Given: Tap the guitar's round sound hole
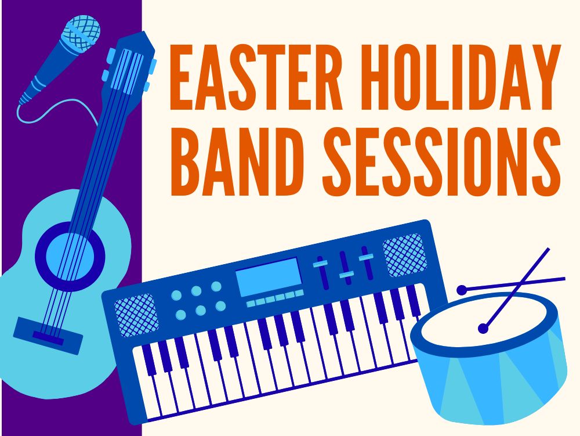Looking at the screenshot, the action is tap(70, 256).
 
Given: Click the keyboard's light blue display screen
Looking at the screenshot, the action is tap(268, 276).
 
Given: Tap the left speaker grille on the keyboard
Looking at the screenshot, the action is tap(136, 315).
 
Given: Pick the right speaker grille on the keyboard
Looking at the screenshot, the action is tap(405, 255).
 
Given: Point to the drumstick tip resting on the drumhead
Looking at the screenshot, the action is tap(483, 328).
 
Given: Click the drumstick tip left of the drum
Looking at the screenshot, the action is tap(462, 290).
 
